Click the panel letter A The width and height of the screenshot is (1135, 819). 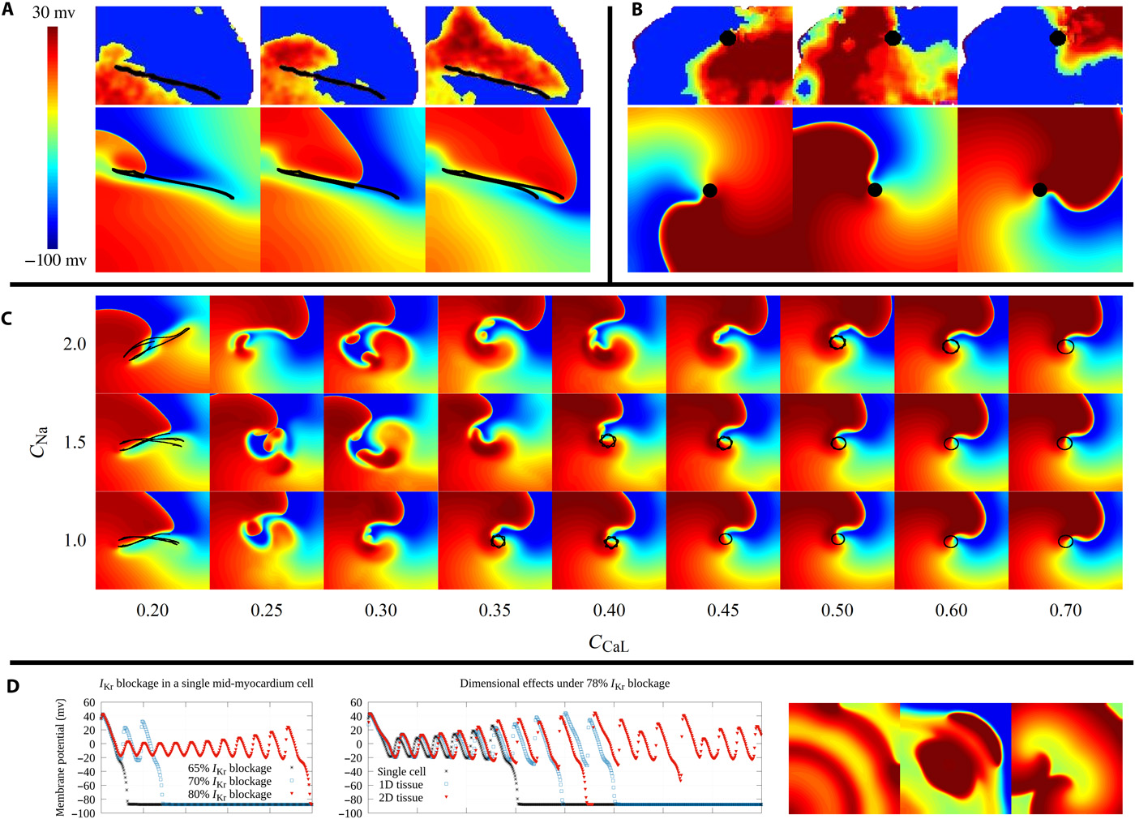7,11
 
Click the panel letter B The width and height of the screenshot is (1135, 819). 637,10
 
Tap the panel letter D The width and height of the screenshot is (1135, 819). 12,687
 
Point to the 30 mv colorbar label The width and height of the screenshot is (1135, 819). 53,12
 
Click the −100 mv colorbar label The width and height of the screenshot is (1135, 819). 55,261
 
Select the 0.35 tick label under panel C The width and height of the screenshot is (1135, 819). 495,611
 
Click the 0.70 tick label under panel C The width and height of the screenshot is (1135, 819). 1065,611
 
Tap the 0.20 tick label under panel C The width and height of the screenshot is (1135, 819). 152,611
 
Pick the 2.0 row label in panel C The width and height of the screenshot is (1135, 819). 75,345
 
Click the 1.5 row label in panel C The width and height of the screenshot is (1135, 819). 75,443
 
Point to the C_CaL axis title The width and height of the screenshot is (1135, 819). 608,643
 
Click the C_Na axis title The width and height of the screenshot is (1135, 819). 38,442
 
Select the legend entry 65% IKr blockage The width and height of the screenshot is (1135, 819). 229,768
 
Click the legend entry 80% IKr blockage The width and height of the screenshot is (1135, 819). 229,794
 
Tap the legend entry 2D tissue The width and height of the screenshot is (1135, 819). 400,798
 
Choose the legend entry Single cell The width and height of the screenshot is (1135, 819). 401,772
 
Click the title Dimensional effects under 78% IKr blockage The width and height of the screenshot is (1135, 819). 564,684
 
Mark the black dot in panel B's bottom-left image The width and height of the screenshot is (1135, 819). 709,191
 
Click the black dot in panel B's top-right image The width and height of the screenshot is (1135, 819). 1057,38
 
